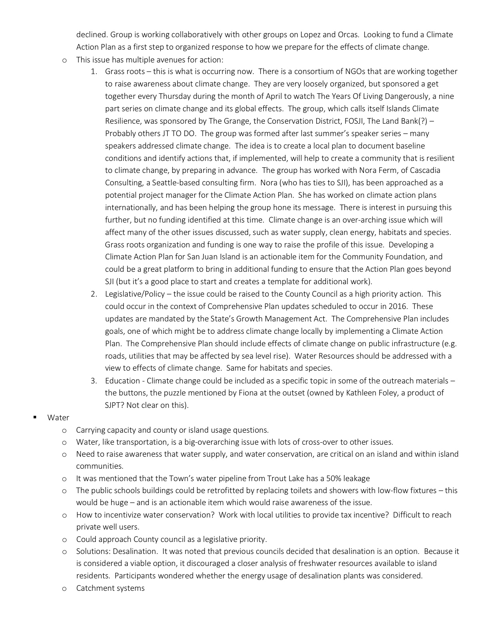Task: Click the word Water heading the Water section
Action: point(58,417)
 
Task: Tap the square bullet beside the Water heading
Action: point(35,417)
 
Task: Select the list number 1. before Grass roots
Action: point(94,71)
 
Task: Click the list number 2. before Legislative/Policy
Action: point(94,294)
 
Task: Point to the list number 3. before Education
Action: point(94,381)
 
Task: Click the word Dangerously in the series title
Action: point(410,96)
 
